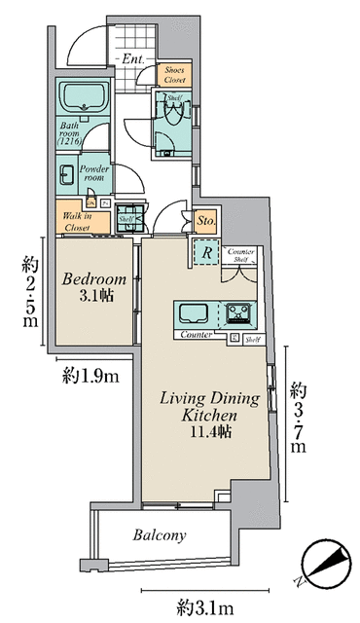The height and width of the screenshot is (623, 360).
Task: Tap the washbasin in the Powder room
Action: [x=67, y=176]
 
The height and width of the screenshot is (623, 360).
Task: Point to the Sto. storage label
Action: [x=204, y=222]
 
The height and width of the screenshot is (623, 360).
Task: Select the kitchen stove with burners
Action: [x=239, y=314]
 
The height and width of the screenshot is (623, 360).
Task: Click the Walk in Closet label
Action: [x=77, y=222]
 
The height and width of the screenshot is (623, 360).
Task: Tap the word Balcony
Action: [x=160, y=535]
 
